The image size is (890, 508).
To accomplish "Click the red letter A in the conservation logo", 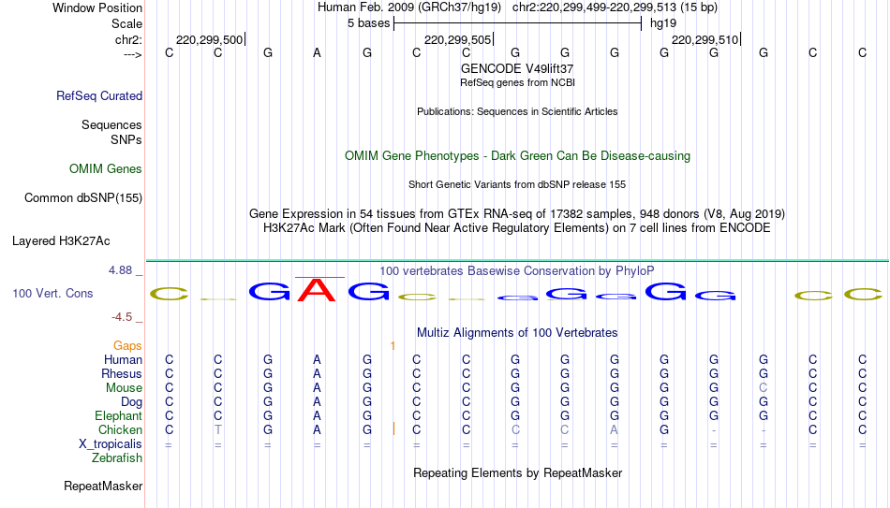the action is [x=318, y=290].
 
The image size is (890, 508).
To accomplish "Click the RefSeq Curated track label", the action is [x=99, y=95].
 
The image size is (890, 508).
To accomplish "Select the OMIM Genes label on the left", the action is [x=106, y=169].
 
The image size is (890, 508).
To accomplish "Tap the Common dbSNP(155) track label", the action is [x=83, y=198].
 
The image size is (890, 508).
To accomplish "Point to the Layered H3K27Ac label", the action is [x=61, y=241].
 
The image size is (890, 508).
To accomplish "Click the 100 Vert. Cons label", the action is [x=52, y=293].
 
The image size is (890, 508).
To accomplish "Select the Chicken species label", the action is [x=120, y=429].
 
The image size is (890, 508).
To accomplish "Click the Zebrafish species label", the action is [x=117, y=457].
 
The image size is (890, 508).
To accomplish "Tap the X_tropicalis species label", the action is [x=111, y=444].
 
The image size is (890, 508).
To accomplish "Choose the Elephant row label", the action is [x=119, y=415].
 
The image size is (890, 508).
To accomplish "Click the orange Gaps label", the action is [x=127, y=346].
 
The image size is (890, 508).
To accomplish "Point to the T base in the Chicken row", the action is [x=218, y=429].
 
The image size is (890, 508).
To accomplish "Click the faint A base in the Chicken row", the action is [x=615, y=429].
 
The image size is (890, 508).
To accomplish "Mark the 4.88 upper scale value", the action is [x=120, y=269].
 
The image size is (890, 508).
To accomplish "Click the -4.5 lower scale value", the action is [x=122, y=317].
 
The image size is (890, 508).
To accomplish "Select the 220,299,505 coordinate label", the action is [x=457, y=39].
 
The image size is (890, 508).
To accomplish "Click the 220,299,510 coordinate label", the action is [x=705, y=39].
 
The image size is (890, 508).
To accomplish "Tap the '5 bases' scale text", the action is [x=369, y=23].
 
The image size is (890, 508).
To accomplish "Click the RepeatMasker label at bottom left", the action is [x=103, y=486].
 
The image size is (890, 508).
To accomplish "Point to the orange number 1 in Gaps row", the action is [x=393, y=346].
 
